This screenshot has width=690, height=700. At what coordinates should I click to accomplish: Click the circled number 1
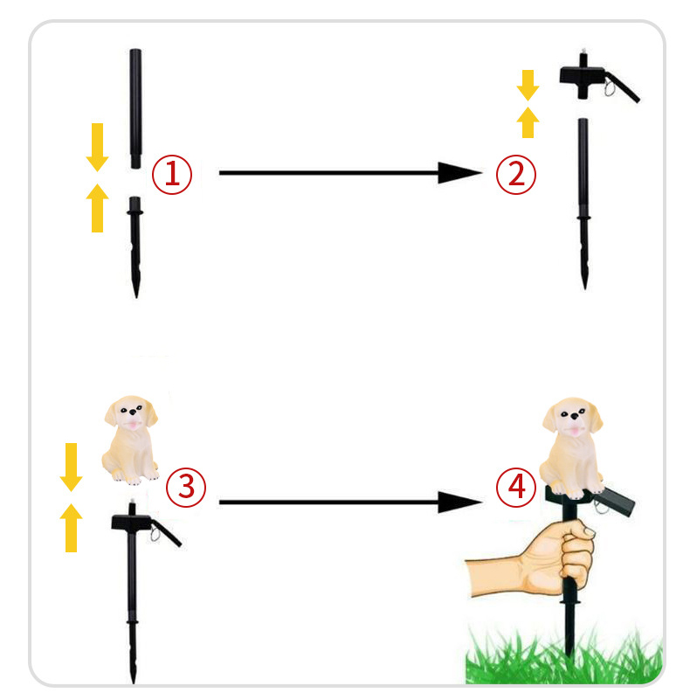tap(172, 175)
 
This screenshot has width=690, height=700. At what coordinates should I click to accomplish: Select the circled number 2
tap(516, 175)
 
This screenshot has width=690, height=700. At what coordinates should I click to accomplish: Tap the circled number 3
tap(186, 487)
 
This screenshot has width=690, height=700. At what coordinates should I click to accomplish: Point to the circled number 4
tap(516, 487)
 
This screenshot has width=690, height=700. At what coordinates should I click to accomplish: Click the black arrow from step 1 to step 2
tap(350, 173)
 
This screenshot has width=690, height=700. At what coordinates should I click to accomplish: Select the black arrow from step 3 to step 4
tap(350, 502)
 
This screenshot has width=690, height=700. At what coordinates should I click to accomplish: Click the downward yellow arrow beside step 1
tap(97, 148)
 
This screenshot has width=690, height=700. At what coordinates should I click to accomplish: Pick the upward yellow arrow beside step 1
tap(97, 208)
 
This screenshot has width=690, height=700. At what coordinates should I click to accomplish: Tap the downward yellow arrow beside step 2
tap(528, 86)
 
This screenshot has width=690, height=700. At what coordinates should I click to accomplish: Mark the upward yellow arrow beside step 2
tap(528, 122)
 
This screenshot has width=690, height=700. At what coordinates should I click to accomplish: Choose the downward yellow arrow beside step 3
tap(71, 467)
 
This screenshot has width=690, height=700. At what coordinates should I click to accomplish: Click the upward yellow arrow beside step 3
tap(71, 528)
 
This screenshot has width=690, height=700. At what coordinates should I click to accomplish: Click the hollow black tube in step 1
tap(135, 108)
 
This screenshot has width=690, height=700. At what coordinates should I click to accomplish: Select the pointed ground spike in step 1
tap(135, 247)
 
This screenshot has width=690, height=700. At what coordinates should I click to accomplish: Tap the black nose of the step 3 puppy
tap(133, 412)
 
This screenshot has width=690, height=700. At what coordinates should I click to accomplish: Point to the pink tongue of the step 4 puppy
tap(575, 431)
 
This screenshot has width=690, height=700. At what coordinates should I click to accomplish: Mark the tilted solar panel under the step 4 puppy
tap(614, 502)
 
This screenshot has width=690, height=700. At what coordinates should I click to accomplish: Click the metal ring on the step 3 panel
tap(155, 533)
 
